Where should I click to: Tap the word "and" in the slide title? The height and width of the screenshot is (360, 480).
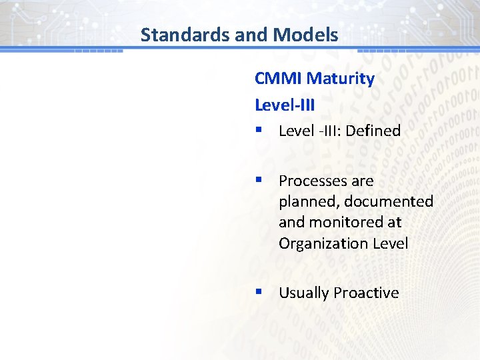point(249,35)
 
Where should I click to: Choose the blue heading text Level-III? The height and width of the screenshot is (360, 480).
point(285,105)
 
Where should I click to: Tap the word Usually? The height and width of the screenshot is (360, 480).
point(303,293)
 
